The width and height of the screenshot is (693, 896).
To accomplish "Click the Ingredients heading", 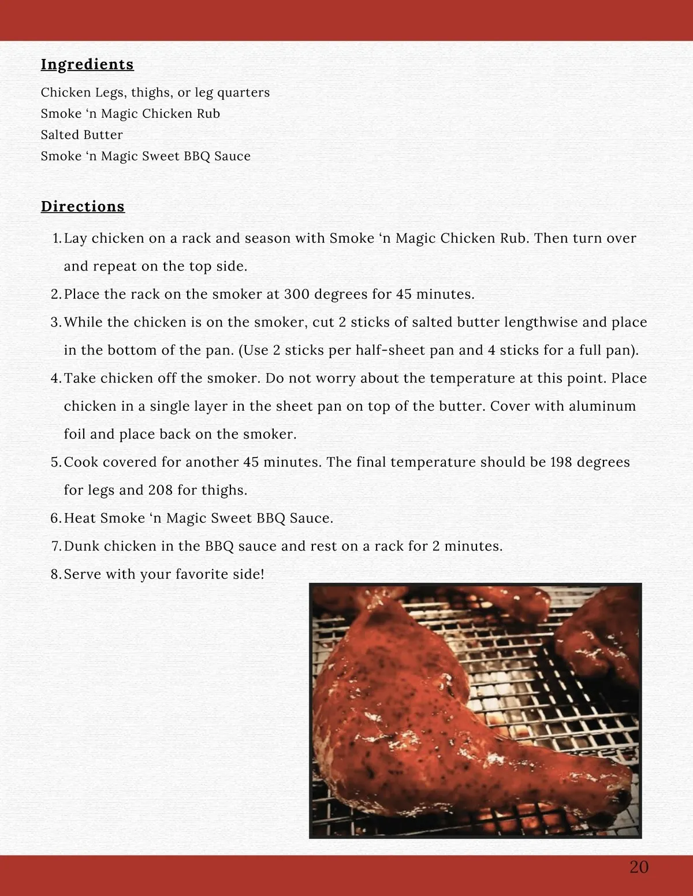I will pos(87,64).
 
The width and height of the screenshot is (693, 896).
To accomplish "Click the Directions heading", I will pos(83,206).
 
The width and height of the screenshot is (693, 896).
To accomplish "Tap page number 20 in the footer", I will pos(639,867).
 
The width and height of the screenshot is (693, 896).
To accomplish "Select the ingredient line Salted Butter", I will pos(81,135).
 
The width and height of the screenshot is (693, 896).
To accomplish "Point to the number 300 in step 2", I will pos(297,294).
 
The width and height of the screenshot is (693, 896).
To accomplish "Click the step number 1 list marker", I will pos(56,239).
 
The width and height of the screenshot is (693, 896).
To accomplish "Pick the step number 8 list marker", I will pos(55,574).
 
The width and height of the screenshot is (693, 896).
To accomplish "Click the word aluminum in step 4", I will pos(602,406).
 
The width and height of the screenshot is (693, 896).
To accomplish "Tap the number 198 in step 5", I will pos(561,462).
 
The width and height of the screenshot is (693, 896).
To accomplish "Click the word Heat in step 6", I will pos(80,518).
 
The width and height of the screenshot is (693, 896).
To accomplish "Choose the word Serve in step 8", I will pos(81,574).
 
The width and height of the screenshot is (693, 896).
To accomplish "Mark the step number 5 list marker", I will pos(55,462).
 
